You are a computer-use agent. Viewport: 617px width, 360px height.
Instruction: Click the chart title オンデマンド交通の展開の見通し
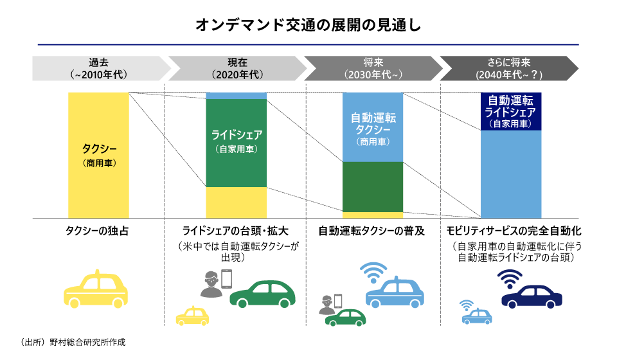tap(308, 26)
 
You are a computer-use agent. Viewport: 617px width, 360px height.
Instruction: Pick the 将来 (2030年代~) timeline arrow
tap(373, 68)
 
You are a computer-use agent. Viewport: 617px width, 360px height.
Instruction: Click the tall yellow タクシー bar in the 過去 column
tap(98, 155)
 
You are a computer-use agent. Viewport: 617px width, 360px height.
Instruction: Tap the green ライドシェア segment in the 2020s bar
tap(236, 142)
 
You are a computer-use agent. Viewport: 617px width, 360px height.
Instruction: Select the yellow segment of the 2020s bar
tap(236, 203)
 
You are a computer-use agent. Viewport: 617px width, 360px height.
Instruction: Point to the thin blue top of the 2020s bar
tap(236, 95)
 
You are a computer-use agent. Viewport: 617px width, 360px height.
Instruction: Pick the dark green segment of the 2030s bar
tap(373, 186)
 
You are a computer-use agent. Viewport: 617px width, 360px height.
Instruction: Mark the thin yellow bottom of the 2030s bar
tap(373, 215)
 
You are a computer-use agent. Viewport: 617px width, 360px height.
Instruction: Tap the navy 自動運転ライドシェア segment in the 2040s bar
tap(511, 111)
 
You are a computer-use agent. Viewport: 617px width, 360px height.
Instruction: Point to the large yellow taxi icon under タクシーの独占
tap(96, 289)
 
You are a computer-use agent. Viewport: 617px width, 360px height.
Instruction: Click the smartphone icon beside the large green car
tap(226, 278)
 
